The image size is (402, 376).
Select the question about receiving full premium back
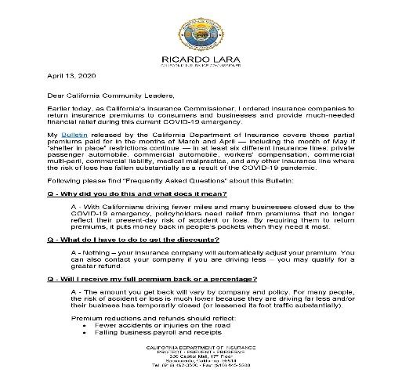(147, 280)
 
